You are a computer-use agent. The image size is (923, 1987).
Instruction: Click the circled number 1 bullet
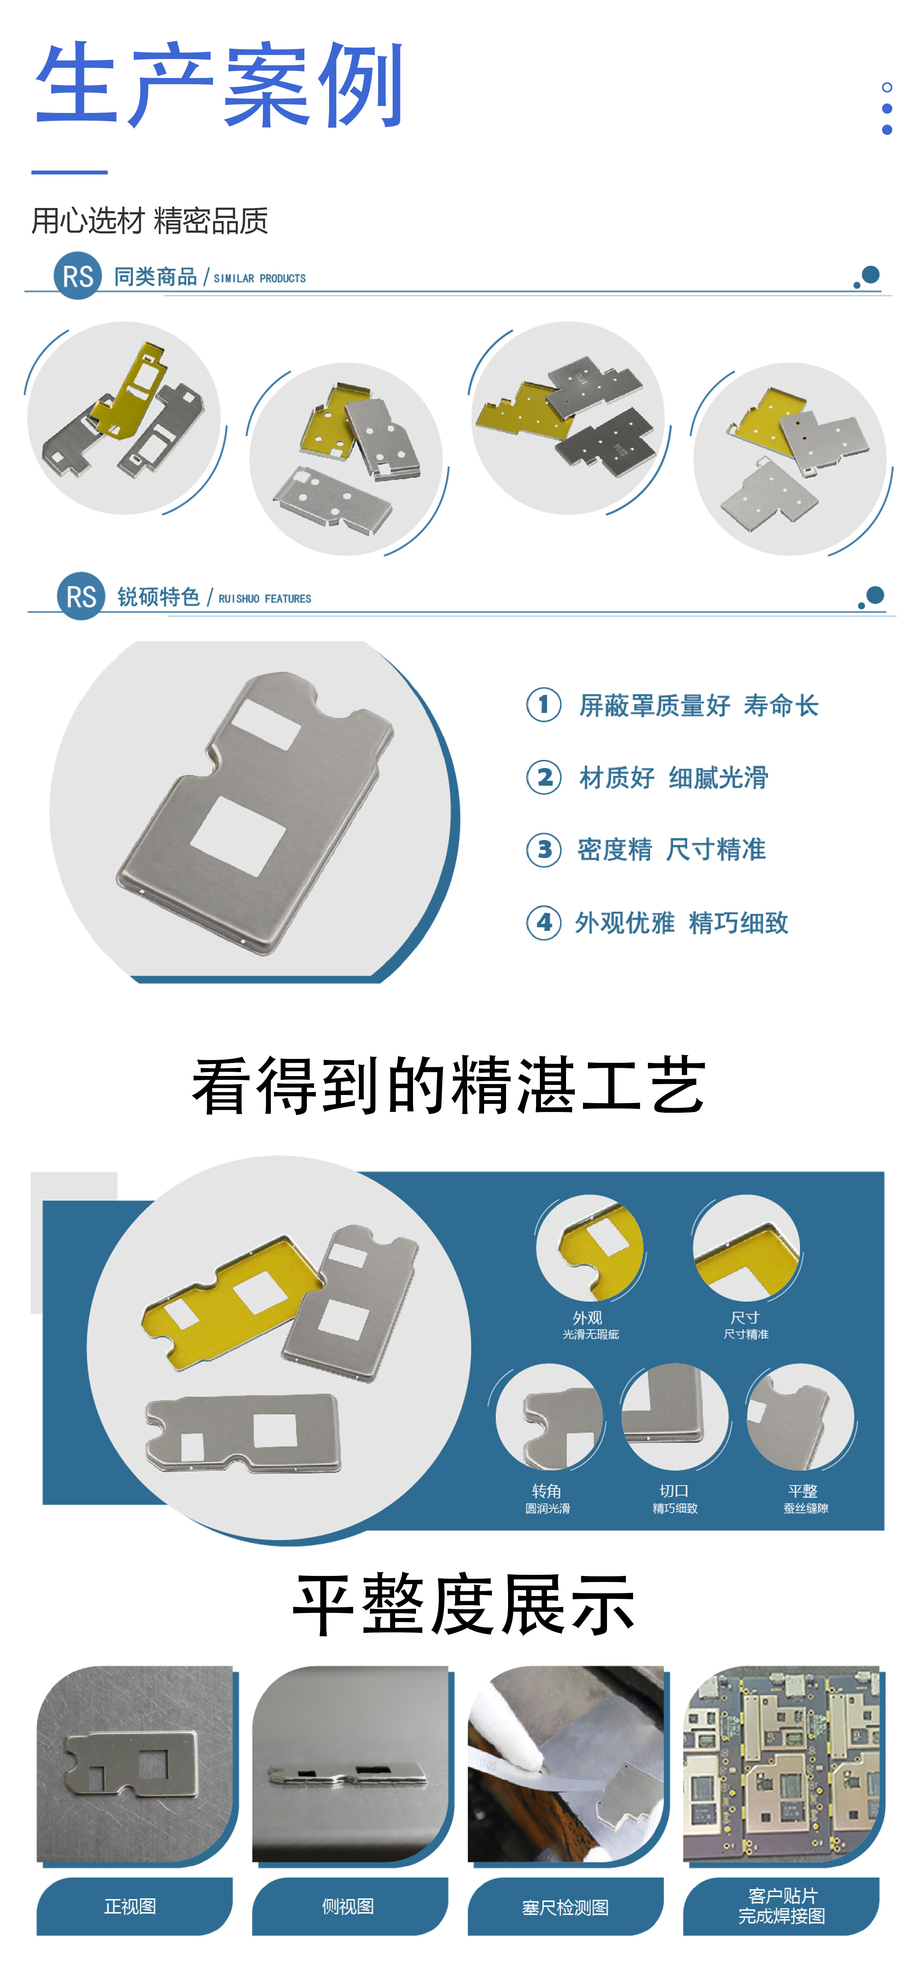(544, 704)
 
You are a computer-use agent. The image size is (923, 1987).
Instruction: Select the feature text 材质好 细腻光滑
(673, 778)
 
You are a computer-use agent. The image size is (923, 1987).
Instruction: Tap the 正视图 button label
(130, 1906)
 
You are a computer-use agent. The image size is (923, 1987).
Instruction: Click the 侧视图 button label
(348, 1906)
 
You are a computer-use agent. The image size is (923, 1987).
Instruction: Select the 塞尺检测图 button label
(565, 1907)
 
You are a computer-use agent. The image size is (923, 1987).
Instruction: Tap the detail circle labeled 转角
(548, 1416)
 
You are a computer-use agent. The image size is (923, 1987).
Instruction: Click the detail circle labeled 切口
(675, 1416)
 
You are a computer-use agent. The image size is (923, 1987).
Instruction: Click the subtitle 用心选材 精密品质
(150, 221)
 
